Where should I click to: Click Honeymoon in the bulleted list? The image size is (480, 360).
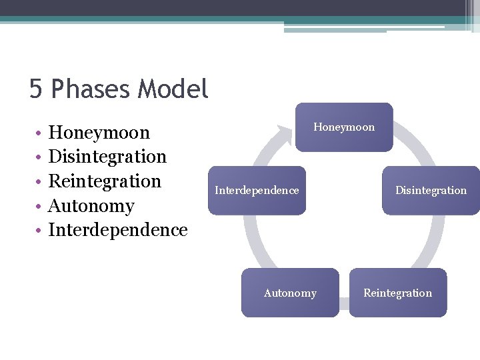pyautogui.click(x=99, y=132)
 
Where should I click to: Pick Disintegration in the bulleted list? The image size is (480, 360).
pyautogui.click(x=107, y=157)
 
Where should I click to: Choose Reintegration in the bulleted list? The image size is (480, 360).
pyautogui.click(x=105, y=181)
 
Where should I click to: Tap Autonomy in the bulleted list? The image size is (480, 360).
pyautogui.click(x=91, y=206)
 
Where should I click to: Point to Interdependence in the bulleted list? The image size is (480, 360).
pyautogui.click(x=118, y=230)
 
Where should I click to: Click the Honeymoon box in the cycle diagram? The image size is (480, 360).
pyautogui.click(x=344, y=127)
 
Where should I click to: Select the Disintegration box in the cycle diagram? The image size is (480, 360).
pyautogui.click(x=431, y=191)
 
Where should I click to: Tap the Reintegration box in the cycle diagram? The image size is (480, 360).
pyautogui.click(x=398, y=293)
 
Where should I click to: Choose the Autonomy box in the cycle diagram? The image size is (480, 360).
pyautogui.click(x=290, y=293)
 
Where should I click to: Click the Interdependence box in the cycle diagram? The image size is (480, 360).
pyautogui.click(x=257, y=191)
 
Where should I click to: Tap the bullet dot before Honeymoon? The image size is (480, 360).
pyautogui.click(x=40, y=133)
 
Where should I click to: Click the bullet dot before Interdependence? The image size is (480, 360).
pyautogui.click(x=40, y=231)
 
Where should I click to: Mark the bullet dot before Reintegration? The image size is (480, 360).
pyautogui.click(x=40, y=182)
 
